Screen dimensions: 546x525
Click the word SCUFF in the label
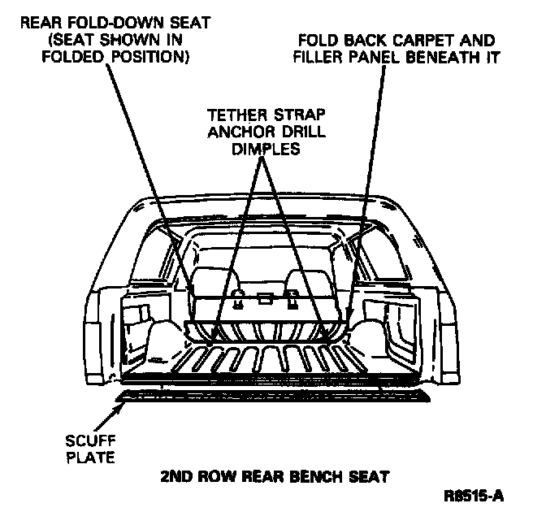(87, 442)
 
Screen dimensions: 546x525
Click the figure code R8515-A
(473, 495)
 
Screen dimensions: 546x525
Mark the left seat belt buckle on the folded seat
(236, 299)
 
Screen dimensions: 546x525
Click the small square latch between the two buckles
(263, 298)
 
